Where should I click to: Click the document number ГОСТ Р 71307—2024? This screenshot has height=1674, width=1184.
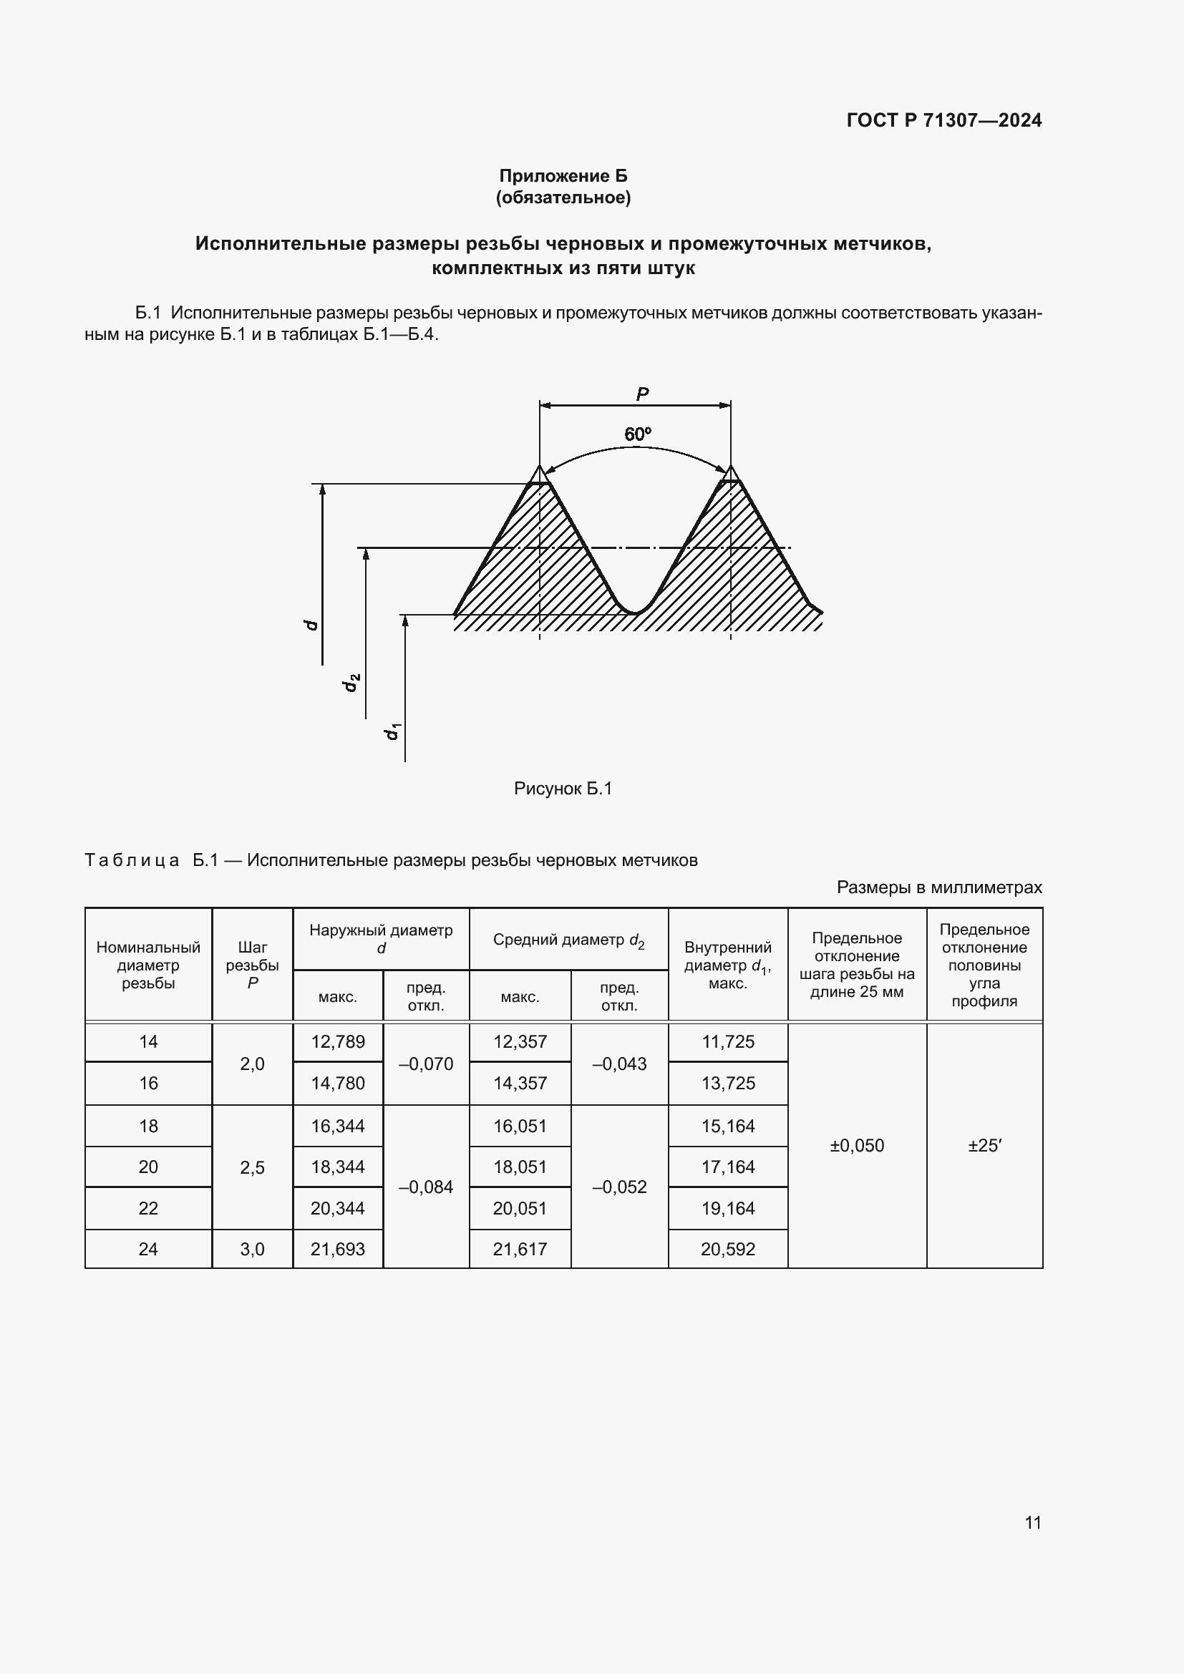[x=943, y=120]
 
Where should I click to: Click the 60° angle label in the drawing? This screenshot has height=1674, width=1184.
[x=637, y=434]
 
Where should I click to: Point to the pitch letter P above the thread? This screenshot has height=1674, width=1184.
[x=641, y=394]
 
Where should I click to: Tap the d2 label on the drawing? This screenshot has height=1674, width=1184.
[x=351, y=682]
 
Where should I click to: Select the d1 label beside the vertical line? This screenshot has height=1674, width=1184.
[x=392, y=731]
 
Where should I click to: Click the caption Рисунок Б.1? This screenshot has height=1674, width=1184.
[x=562, y=789]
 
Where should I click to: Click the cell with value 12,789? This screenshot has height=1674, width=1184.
[x=338, y=1042]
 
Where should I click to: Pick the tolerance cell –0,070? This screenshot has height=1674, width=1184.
[x=426, y=1064]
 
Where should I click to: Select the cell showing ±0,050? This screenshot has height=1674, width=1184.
[x=857, y=1145]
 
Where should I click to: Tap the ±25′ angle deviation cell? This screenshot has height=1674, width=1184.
[x=984, y=1145]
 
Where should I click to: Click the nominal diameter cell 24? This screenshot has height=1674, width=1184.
[x=148, y=1249]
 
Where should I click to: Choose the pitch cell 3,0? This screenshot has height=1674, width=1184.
[x=252, y=1249]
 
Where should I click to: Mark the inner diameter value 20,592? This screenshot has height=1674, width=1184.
[x=727, y=1249]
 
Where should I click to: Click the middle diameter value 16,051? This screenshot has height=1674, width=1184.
[x=520, y=1126]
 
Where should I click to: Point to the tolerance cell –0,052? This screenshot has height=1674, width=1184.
[x=619, y=1187]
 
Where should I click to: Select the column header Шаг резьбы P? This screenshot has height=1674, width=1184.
[x=252, y=965]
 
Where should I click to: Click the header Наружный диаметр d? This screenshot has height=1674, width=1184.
[x=381, y=939]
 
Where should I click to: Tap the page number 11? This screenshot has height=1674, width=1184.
[x=1032, y=1522]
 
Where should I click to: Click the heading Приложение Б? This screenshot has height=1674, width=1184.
[x=563, y=176]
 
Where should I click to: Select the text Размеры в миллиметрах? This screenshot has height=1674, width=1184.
[x=939, y=887]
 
